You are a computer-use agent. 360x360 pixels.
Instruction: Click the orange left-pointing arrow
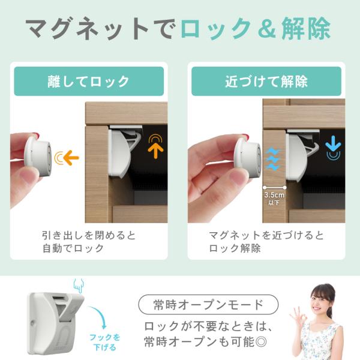coord(71,157)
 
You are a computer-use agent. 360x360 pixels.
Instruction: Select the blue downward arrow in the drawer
coord(333,143)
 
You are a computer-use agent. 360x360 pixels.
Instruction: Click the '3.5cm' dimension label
coord(274,195)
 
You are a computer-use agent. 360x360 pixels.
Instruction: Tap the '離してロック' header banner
coord(89,81)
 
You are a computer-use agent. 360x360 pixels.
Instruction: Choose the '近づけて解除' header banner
coord(266,81)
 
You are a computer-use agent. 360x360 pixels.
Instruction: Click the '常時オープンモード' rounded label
coord(208,305)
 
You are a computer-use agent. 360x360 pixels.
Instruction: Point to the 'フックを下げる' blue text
coord(105,343)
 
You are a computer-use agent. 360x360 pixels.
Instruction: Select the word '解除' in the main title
coord(306,28)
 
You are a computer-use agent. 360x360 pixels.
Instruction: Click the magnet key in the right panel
coord(247,158)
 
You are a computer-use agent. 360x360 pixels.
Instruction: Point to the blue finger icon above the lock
coord(79,286)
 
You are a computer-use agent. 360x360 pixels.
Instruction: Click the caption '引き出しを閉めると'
coord(89,236)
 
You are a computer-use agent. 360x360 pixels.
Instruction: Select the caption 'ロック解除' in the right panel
coord(235,248)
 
